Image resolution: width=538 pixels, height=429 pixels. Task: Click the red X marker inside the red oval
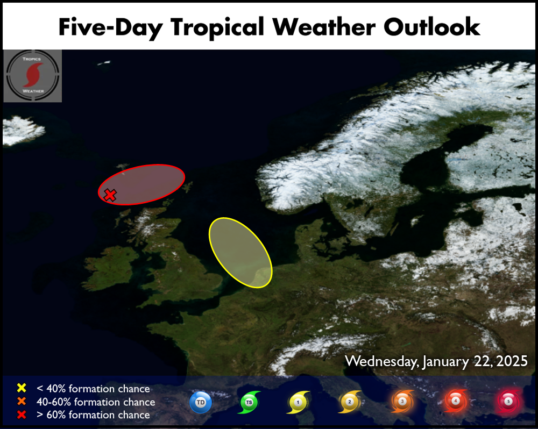110,195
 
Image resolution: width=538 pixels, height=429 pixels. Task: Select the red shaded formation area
141,184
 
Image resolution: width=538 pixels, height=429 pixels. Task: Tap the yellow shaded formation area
240,252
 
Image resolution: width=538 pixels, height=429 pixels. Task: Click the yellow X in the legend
22,388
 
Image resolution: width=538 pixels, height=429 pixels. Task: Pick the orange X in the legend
22,401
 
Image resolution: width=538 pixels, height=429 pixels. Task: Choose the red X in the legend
22,414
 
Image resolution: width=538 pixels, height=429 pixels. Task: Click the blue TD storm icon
201,402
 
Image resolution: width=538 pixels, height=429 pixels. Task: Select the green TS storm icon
249,402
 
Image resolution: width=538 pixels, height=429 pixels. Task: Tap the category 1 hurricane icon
298,402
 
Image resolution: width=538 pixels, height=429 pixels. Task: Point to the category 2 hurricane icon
350,402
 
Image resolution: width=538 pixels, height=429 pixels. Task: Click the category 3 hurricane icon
402,401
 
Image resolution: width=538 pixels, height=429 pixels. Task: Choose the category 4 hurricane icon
455,401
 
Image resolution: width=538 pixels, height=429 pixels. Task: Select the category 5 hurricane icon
509,401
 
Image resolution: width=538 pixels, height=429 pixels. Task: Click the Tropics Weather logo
33,76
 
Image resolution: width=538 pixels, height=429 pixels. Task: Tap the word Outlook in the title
431,27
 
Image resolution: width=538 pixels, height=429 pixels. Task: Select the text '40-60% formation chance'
96,402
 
